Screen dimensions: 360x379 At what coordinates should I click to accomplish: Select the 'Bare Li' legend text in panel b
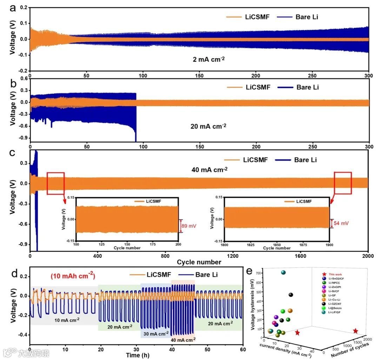(x=307, y=87)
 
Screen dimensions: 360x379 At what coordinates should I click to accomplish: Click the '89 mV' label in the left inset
(x=188, y=226)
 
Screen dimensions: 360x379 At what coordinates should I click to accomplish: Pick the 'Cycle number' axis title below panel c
(x=199, y=262)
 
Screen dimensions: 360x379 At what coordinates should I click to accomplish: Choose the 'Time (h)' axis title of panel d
(x=136, y=355)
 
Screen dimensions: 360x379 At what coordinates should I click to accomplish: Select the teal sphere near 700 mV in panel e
(x=283, y=272)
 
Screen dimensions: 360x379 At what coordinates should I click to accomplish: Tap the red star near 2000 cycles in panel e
(x=355, y=331)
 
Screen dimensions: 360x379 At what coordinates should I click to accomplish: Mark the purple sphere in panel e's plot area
(x=276, y=317)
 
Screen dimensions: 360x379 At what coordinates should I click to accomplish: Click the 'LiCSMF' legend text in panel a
(x=257, y=17)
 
